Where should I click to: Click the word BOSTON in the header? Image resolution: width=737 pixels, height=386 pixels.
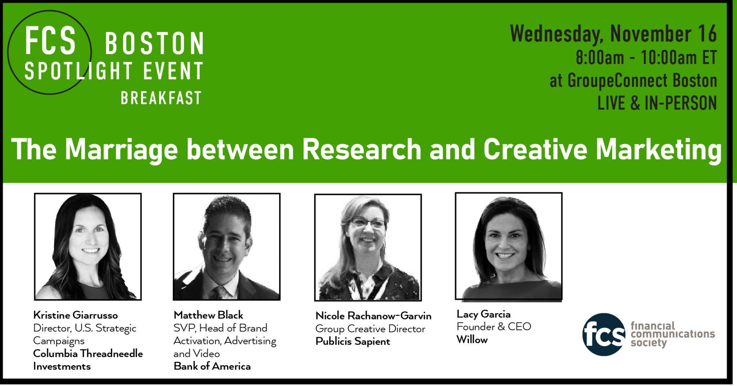pos(154,43)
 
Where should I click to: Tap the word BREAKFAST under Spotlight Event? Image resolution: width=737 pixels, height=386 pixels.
pos(161,98)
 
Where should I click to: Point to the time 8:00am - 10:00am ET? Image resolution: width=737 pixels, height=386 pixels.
pos(646,58)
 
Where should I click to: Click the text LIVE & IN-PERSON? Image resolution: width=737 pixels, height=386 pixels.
pos(657,103)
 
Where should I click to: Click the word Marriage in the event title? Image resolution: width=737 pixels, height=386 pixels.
pos(121,149)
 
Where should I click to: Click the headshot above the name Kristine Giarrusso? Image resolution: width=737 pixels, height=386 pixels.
pos(88,247)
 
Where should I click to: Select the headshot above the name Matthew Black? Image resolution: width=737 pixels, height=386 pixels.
pos(227,247)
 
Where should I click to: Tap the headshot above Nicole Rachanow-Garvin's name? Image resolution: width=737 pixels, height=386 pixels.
pos(368,247)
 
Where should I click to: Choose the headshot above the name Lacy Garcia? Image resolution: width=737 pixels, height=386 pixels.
pos(508,246)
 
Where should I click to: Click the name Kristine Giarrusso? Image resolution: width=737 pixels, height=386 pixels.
pos(76,315)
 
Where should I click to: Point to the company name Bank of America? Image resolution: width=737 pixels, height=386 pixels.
pos(212,366)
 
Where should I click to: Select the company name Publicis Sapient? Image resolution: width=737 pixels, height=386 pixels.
pos(353,341)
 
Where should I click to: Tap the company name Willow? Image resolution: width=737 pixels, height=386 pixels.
pos(472,340)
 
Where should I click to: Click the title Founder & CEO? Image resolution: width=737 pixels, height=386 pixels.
pos(494,327)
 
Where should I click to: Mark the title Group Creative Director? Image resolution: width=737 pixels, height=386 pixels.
pos(370,329)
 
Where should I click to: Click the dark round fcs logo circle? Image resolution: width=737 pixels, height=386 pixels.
pos(604,335)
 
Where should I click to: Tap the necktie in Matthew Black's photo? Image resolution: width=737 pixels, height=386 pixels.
pos(218,293)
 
